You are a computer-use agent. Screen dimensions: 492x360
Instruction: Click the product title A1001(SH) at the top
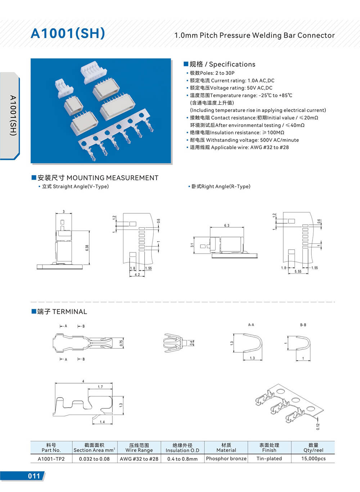68,33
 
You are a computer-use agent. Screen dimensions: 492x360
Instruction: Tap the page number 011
34,476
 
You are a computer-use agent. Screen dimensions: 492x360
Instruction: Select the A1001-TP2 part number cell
51,459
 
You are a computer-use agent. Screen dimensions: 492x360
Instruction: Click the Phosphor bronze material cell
226,459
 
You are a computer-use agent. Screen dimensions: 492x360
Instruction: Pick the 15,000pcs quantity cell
313,459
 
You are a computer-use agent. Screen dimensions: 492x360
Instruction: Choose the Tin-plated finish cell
269,459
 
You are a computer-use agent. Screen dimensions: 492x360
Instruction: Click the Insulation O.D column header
182,448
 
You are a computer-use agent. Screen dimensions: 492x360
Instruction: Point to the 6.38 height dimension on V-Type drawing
87,248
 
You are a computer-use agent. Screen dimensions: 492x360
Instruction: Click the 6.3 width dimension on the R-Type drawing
226,225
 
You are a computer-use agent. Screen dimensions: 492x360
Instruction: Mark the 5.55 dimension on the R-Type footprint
298,272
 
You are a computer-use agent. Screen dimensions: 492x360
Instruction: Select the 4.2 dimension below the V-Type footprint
137,274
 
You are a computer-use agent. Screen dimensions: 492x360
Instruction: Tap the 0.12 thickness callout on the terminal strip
318,426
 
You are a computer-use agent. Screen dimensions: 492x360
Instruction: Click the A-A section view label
251,325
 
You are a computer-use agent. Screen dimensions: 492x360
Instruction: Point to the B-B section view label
303,325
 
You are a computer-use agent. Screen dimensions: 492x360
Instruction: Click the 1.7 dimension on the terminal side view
100,387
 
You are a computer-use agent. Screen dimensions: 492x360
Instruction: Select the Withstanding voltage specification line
244,140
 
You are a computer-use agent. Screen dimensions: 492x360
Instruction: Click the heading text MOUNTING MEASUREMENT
112,178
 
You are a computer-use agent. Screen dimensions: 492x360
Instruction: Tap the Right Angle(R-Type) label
221,187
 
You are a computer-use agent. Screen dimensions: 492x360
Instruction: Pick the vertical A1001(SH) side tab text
13,115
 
